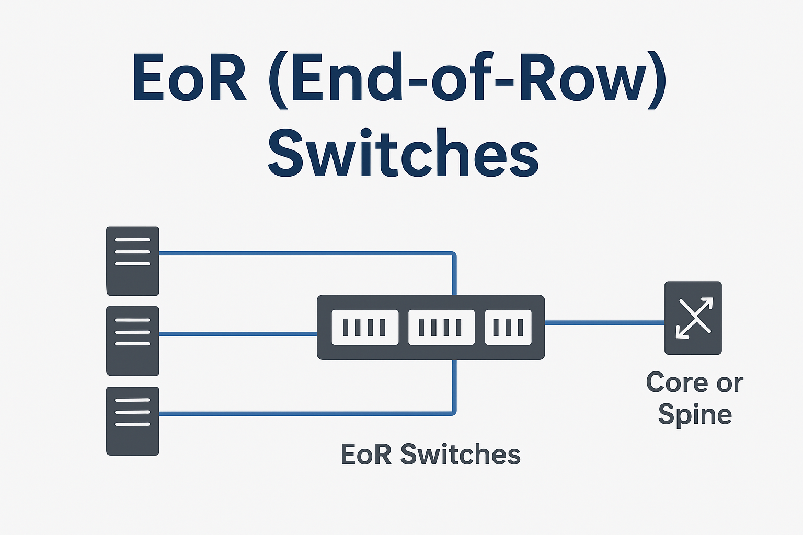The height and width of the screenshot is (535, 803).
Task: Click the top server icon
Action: click(132, 261)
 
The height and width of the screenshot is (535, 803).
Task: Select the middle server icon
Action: click(132, 341)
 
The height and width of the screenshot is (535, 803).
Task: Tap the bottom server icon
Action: click(132, 421)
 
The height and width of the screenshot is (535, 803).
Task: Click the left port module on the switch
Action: click(365, 328)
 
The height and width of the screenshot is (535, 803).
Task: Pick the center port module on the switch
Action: click(441, 328)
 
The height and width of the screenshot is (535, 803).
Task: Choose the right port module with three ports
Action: click(508, 328)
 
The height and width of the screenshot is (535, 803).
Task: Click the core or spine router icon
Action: click(693, 318)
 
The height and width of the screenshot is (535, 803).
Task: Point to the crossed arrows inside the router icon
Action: click(693, 317)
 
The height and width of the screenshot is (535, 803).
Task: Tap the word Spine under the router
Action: click(695, 415)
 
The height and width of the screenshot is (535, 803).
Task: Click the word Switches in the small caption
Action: click(460, 454)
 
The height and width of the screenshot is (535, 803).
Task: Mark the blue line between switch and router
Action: click(604, 322)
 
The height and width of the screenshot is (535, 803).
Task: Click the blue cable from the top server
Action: click(303, 253)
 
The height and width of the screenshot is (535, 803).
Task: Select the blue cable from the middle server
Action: click(238, 333)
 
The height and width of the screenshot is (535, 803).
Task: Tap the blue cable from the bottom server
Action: click(303, 414)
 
